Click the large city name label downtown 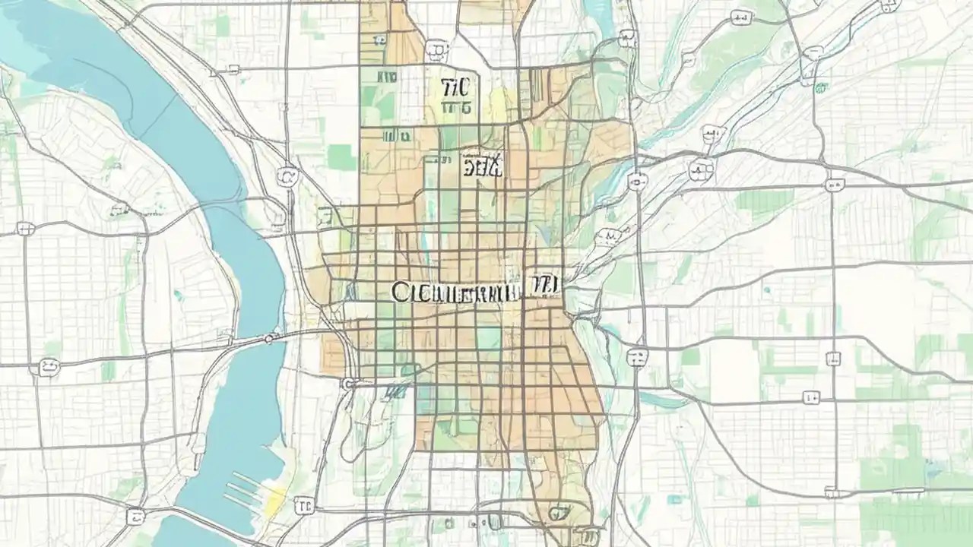[x=456, y=291]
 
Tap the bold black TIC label [x=455, y=87]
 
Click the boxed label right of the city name [x=544, y=285]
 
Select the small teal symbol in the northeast [x=820, y=87]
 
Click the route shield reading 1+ [x=811, y=397]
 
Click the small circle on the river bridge [x=270, y=337]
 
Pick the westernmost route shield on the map [x=24, y=228]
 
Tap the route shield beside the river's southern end [x=135, y=516]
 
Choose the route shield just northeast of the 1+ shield [x=834, y=357]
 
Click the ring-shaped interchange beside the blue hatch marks [x=348, y=384]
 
